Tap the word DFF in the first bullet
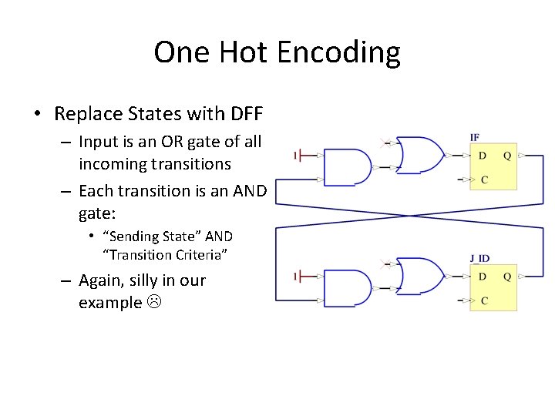pyautogui.click(x=247, y=115)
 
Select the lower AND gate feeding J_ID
pyautogui.click(x=347, y=288)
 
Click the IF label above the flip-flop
pyautogui.click(x=474, y=137)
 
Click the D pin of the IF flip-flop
pyautogui.click(x=483, y=156)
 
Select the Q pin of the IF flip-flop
pyautogui.click(x=506, y=156)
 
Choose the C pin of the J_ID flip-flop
pyautogui.click(x=483, y=300)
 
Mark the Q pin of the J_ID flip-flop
pyautogui.click(x=506, y=277)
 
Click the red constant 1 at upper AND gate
pyautogui.click(x=296, y=156)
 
